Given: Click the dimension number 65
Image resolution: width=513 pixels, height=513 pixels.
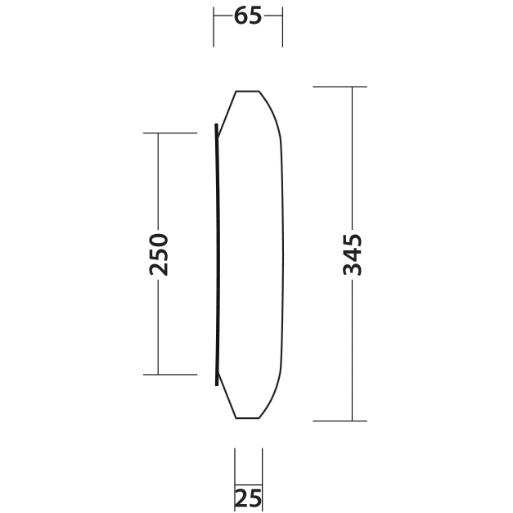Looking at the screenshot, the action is [x=248, y=16].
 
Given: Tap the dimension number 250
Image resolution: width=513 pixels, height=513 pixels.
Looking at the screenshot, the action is [x=159, y=254].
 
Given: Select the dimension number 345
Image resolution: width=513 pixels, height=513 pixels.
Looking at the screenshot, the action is [x=353, y=254].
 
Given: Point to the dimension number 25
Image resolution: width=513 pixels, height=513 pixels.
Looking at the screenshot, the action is [x=249, y=498].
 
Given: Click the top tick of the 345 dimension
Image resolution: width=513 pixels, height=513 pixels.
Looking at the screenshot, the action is [x=340, y=87].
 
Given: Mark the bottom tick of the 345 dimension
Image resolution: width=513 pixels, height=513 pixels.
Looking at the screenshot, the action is [x=340, y=421].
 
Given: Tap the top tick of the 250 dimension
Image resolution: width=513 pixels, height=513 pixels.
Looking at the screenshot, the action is [x=170, y=133].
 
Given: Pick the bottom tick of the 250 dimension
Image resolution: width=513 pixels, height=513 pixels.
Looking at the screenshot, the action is [x=170, y=374].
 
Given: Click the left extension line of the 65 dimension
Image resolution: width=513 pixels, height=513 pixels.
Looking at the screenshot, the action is [x=214, y=27].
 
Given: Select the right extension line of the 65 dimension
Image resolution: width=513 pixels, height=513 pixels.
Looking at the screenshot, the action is [x=282, y=27].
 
